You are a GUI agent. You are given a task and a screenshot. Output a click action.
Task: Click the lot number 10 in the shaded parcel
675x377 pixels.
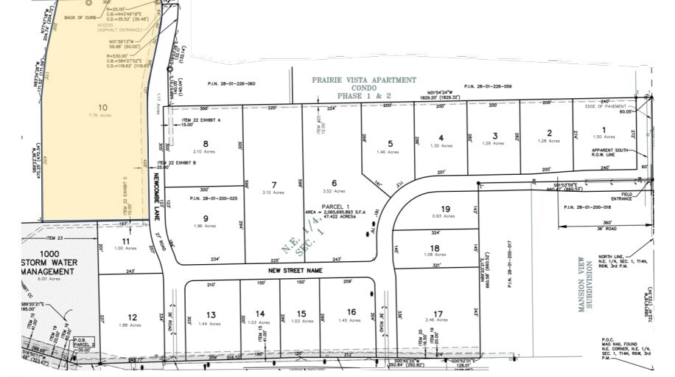tap(103, 107)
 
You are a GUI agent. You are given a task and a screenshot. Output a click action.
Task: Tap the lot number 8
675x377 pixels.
tap(206, 143)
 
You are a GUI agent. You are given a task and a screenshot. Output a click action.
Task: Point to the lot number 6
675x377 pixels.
tap(334, 183)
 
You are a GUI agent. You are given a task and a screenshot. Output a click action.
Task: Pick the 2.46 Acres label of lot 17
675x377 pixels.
tap(439, 320)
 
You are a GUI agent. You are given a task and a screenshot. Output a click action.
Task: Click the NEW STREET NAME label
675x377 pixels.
tap(295, 271)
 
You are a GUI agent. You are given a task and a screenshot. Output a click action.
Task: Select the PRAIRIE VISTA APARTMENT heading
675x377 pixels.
tap(363, 80)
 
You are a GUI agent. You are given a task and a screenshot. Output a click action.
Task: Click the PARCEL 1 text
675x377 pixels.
tap(335, 206)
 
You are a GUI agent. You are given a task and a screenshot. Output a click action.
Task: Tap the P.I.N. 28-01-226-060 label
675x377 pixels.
tap(231, 84)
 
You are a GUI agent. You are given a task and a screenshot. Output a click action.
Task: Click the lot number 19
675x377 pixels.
tap(445, 209)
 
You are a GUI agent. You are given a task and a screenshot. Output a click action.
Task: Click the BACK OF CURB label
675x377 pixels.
tap(80, 17)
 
